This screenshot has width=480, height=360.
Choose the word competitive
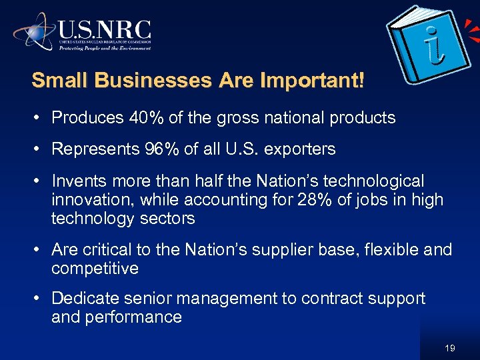pos(95,269)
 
